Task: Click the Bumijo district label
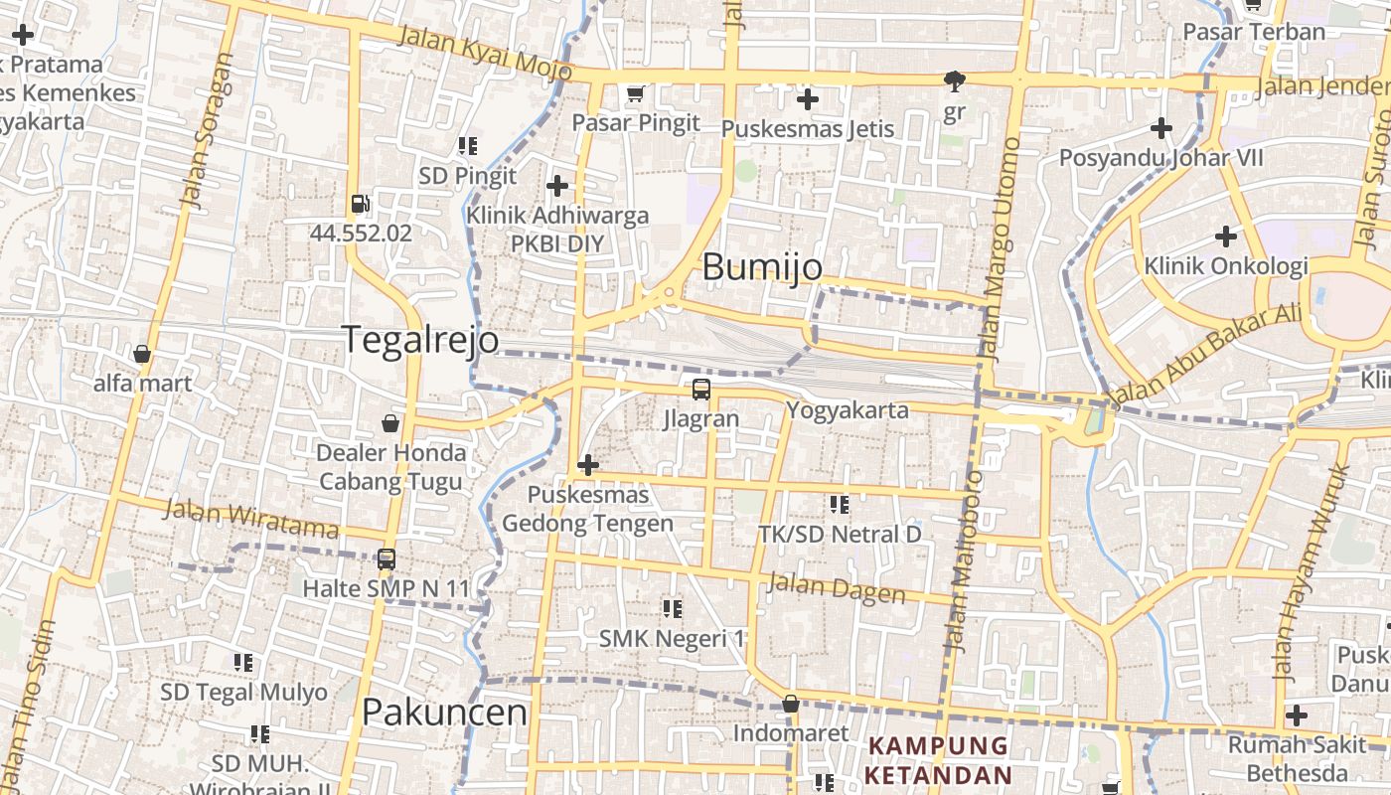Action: (x=762, y=267)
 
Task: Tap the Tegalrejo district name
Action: (x=420, y=340)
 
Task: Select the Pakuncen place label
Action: (x=444, y=713)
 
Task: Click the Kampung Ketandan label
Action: (x=938, y=760)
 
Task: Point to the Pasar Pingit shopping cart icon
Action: (x=636, y=94)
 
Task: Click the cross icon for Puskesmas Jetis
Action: (x=808, y=99)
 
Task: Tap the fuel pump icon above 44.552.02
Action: (x=360, y=204)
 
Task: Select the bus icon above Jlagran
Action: (x=701, y=389)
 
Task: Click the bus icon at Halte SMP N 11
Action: (x=386, y=559)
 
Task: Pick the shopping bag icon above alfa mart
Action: (x=142, y=354)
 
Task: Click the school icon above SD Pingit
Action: (x=468, y=147)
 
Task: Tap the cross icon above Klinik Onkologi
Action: (x=1226, y=237)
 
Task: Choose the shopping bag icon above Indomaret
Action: (x=791, y=705)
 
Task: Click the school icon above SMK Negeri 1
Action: (x=673, y=608)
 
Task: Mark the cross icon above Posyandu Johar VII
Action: (x=1160, y=128)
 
